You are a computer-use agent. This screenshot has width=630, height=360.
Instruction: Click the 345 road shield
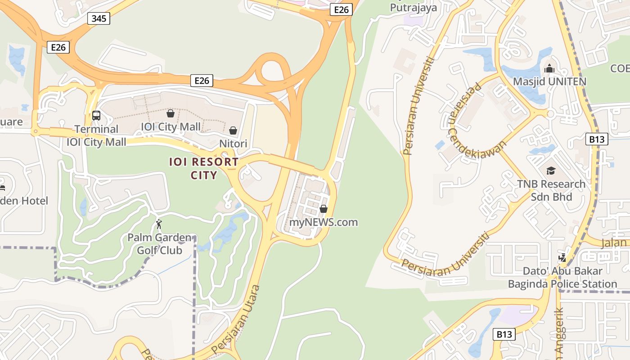(x=99, y=18)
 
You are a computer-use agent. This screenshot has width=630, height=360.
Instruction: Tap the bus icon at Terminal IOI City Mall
(x=96, y=115)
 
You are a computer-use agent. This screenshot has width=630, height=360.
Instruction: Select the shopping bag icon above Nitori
(x=233, y=130)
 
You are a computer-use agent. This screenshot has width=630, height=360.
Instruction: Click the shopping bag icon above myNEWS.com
(x=323, y=209)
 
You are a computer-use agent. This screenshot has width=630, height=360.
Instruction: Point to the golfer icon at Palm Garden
(x=158, y=224)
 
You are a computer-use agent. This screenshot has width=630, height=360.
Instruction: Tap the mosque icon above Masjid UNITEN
(x=549, y=69)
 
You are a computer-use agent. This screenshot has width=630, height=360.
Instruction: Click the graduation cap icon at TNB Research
(x=551, y=171)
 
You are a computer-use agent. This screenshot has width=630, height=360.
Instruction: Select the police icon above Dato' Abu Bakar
(x=562, y=258)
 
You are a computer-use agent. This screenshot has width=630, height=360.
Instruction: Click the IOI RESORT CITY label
(x=204, y=168)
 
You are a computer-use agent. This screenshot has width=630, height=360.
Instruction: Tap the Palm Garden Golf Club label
(x=159, y=244)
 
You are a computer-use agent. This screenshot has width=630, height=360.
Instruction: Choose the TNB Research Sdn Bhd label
(x=551, y=190)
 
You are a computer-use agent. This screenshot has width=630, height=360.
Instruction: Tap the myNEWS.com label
(x=324, y=222)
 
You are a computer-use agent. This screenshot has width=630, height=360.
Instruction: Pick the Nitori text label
(x=233, y=144)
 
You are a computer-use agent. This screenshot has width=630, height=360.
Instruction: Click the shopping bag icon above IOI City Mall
(x=171, y=113)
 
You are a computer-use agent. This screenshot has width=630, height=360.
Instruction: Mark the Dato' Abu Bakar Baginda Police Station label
(x=562, y=278)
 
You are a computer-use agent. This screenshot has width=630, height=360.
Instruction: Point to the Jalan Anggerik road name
(x=559, y=335)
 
